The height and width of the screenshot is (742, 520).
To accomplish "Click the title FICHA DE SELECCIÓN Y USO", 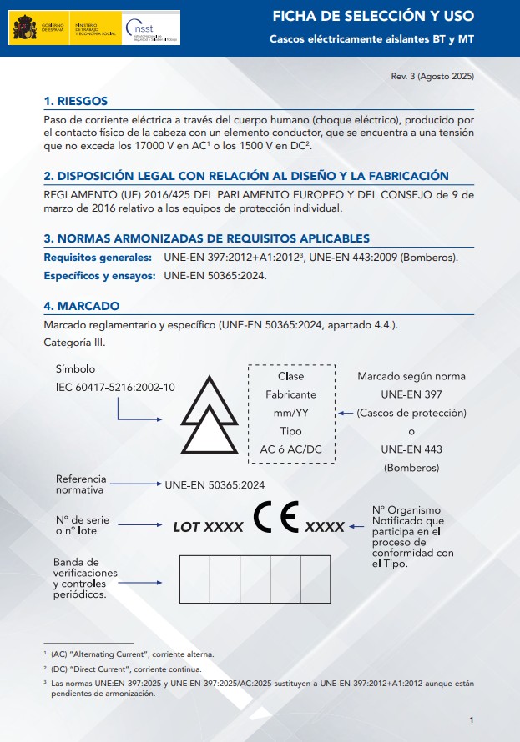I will (373, 17).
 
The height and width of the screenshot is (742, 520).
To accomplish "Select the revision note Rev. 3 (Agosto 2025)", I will (432, 77).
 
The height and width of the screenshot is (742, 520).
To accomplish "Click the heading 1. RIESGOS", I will (76, 101).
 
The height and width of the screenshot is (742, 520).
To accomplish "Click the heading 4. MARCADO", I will (81, 306).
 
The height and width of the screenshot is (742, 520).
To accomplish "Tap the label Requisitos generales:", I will (98, 258).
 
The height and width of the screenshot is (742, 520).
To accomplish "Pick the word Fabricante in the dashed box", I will (290, 394).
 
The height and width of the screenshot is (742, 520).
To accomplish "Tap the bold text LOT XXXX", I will (208, 527).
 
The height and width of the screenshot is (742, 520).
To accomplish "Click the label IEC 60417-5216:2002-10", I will (115, 387).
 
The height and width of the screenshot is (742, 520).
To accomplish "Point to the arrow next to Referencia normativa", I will (135, 484).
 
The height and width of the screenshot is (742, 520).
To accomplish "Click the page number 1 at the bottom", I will (472, 720).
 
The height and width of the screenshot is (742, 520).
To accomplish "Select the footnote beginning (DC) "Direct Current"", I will (126, 669).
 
